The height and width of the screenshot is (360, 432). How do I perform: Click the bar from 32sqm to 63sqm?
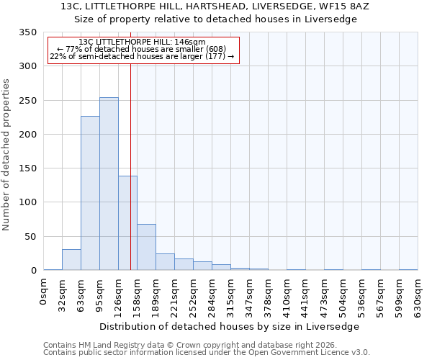(x=71, y=260)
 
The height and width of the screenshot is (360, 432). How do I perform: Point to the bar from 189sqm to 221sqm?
(x=165, y=262)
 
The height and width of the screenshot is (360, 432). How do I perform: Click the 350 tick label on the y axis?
(x=27, y=32)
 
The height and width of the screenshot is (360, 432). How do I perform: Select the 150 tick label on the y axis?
(x=27, y=168)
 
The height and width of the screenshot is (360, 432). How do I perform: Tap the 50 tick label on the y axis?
(x=30, y=237)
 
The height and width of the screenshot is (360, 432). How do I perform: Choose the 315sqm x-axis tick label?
(x=230, y=294)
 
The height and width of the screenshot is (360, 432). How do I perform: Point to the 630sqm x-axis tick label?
(x=418, y=294)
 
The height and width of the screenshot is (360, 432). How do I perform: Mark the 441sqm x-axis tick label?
(x=305, y=294)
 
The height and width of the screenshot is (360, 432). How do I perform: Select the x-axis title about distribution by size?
(x=229, y=326)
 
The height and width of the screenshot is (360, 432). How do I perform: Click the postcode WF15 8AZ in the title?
(x=364, y=6)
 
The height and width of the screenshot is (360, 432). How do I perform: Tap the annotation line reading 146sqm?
(x=143, y=42)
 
